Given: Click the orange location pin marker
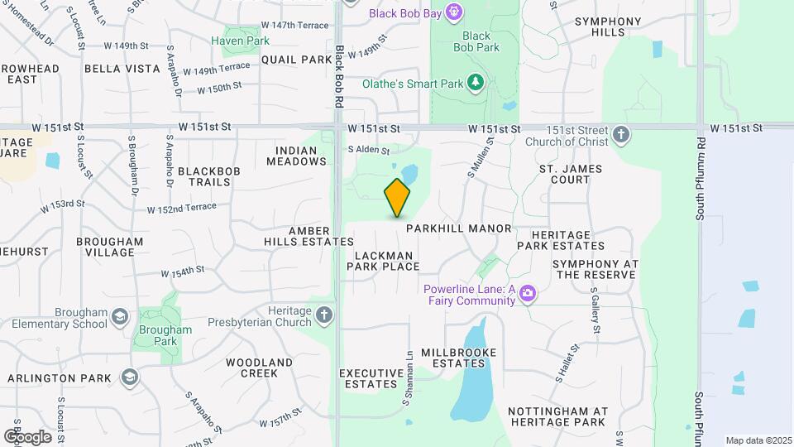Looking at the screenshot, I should coord(397,197).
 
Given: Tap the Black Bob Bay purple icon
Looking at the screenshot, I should coord(453,12).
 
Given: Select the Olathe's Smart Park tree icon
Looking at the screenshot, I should coord(475,83).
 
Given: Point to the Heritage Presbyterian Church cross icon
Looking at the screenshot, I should coord(325,315).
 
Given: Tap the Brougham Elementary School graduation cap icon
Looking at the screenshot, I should coord(120,318).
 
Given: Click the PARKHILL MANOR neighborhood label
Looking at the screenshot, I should coord(459,228).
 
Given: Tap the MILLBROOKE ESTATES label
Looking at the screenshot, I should coord(459,358).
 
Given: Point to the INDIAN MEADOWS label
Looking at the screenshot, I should coord(296,156).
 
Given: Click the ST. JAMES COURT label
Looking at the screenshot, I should coord(565,174).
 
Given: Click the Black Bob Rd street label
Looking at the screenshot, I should coord(339,76).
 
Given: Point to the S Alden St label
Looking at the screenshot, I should coord(368,150).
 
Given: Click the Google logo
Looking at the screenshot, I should coord(27,436).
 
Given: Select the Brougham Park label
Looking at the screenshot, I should coord(166,334).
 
